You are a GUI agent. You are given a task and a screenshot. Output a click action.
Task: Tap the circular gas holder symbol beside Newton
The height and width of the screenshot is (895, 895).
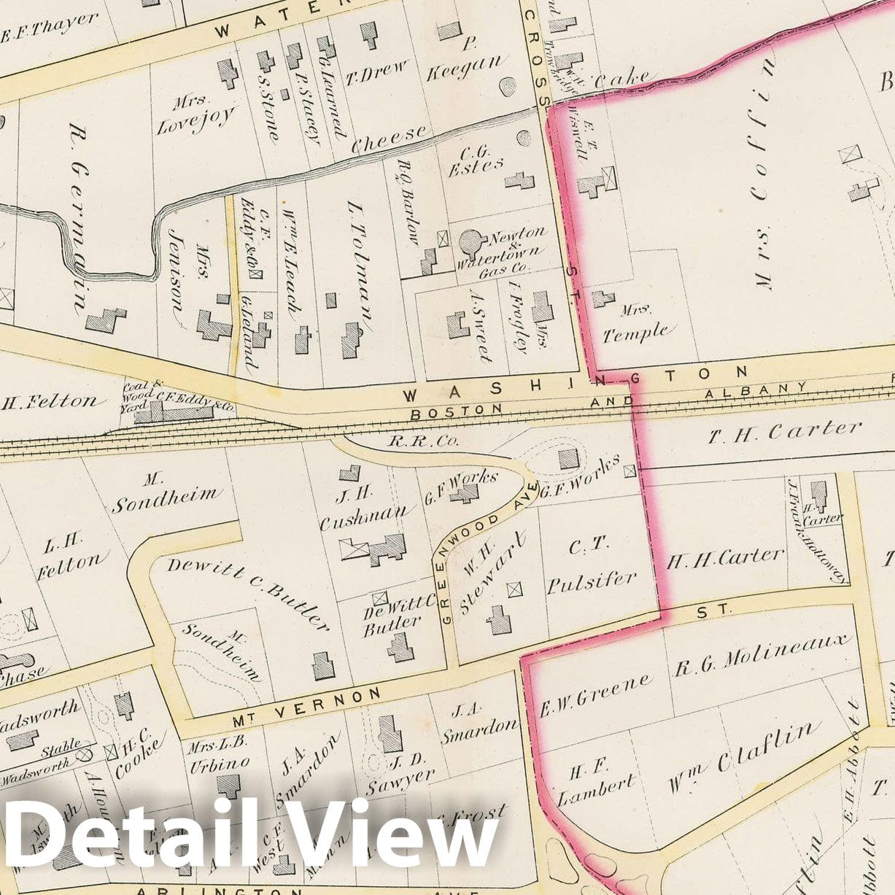pyautogui.click(x=471, y=240)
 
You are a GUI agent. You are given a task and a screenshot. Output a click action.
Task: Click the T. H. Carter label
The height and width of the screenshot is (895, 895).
pyautogui.click(x=785, y=431)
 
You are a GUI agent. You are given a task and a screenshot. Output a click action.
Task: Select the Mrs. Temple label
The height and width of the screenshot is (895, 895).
pyautogui.click(x=635, y=325)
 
